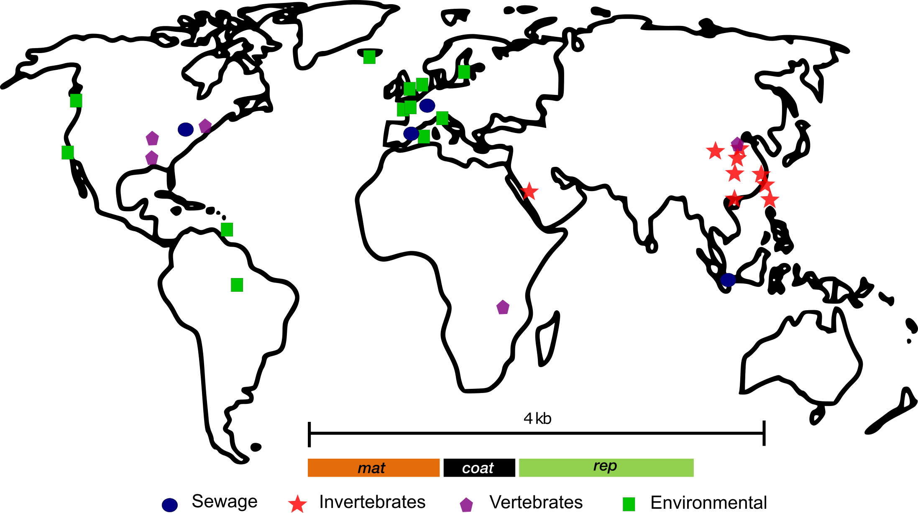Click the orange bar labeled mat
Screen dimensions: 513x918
(x=373, y=468)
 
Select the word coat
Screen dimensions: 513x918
(x=478, y=468)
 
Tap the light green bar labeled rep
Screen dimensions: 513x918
(x=606, y=468)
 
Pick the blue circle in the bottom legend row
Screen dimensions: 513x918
(x=170, y=505)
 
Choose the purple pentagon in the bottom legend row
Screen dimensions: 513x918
(x=466, y=505)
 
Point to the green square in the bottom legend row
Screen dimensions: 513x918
(x=629, y=504)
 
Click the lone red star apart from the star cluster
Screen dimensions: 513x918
(x=529, y=191)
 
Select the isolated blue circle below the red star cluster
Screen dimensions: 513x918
(x=728, y=280)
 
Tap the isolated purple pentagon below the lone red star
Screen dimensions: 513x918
(x=503, y=307)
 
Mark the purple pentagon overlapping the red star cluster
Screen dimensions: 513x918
(x=737, y=144)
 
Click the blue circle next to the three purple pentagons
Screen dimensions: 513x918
(x=186, y=130)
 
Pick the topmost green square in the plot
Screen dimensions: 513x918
(x=369, y=57)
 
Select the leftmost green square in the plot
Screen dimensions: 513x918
(x=68, y=153)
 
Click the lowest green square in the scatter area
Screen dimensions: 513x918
(x=237, y=285)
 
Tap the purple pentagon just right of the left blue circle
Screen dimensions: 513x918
(x=205, y=126)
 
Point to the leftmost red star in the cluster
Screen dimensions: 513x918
(x=715, y=151)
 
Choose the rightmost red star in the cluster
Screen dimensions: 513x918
(x=770, y=200)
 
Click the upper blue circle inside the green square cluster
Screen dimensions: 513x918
(x=427, y=106)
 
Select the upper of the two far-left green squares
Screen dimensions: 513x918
(x=76, y=101)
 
